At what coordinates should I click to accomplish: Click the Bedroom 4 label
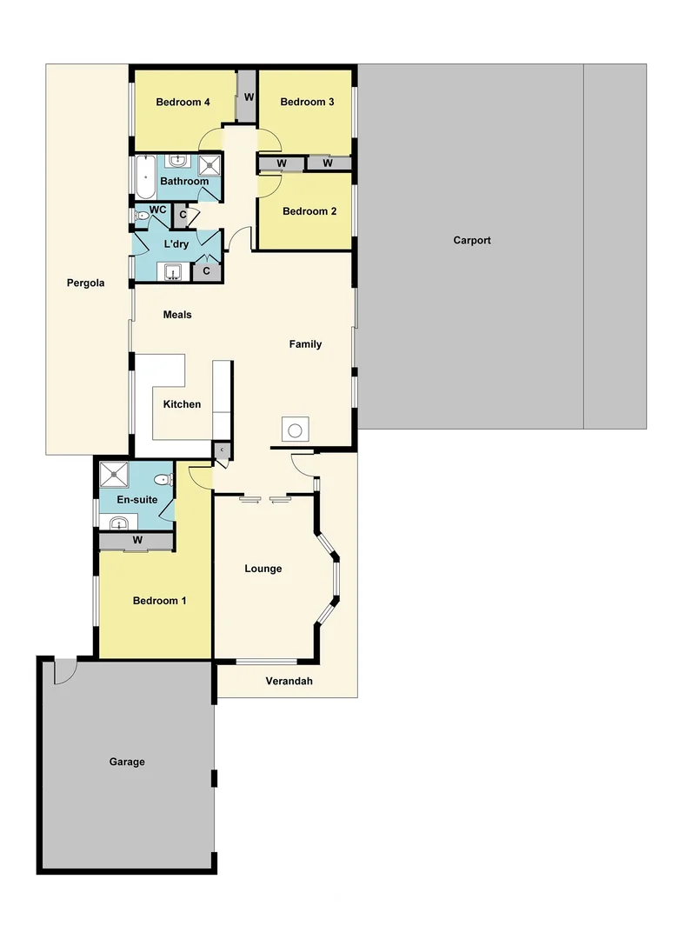click(x=183, y=103)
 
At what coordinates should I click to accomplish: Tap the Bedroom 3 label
click(x=307, y=103)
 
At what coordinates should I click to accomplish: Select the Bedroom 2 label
click(x=309, y=211)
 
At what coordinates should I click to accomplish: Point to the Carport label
click(x=472, y=241)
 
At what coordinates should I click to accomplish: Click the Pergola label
click(x=85, y=283)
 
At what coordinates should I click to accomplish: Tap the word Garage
click(x=127, y=763)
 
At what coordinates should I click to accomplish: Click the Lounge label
click(x=263, y=569)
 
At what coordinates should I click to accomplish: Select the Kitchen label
click(x=182, y=404)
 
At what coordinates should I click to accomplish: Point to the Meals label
click(x=177, y=315)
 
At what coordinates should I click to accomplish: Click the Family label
click(x=305, y=344)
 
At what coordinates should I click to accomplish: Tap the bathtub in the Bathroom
click(x=143, y=177)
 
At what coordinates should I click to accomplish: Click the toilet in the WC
click(x=142, y=216)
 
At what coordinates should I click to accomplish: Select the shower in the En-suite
click(x=114, y=475)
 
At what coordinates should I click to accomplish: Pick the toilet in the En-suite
click(x=163, y=480)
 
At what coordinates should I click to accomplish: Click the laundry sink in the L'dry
click(x=174, y=272)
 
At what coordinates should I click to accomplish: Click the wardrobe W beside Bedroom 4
click(x=248, y=97)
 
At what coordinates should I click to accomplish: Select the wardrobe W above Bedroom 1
click(x=137, y=541)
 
